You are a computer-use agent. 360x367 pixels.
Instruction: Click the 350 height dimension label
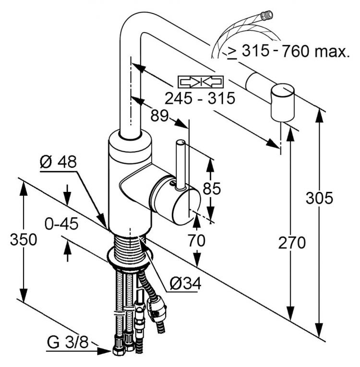24,240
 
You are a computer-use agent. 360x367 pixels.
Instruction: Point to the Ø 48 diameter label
58,163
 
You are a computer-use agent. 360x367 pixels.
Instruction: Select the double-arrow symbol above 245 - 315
201,81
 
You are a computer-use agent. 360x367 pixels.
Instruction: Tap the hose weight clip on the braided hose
158,307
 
